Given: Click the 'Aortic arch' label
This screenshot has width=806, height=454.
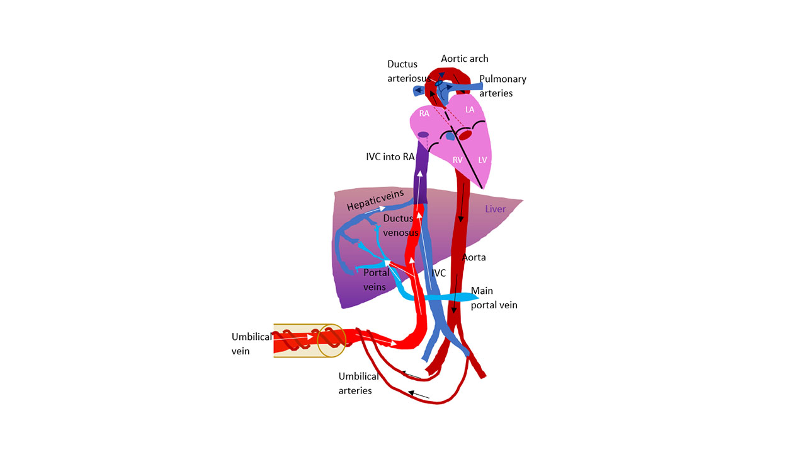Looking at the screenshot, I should tap(464, 59).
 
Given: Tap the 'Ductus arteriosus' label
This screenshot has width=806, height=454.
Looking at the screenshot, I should tap(406, 71).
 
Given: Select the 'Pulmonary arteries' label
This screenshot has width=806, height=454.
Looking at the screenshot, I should tap(502, 86).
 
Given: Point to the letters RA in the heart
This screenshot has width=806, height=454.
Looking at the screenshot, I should tap(424, 114).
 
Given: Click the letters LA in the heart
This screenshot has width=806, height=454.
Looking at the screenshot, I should tap(470, 110).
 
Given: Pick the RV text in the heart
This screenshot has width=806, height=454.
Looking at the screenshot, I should tap(458, 160).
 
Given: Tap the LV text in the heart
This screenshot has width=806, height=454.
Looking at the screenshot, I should tap(482, 160).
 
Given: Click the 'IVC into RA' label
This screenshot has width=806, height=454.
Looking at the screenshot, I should tap(390, 156).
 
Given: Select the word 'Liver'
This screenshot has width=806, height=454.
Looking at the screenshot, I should tap(495, 209).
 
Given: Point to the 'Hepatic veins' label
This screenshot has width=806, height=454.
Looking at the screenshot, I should tap(375, 201).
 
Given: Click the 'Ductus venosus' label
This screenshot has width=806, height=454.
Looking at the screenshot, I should tap(400, 225).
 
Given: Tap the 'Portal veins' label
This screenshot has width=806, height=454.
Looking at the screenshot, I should tap(377, 279).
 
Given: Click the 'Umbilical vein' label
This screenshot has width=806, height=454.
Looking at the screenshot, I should tap(251, 344).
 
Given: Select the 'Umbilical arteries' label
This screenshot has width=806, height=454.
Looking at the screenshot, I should tap(358, 383).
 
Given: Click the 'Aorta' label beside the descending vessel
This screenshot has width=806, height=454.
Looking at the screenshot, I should tap(474, 257).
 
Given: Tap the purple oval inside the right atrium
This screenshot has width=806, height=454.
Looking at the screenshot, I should tap(423, 134).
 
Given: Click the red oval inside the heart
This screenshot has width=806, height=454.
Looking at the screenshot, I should tap(465, 135).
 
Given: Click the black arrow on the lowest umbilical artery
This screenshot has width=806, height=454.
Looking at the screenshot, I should tap(419, 395).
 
